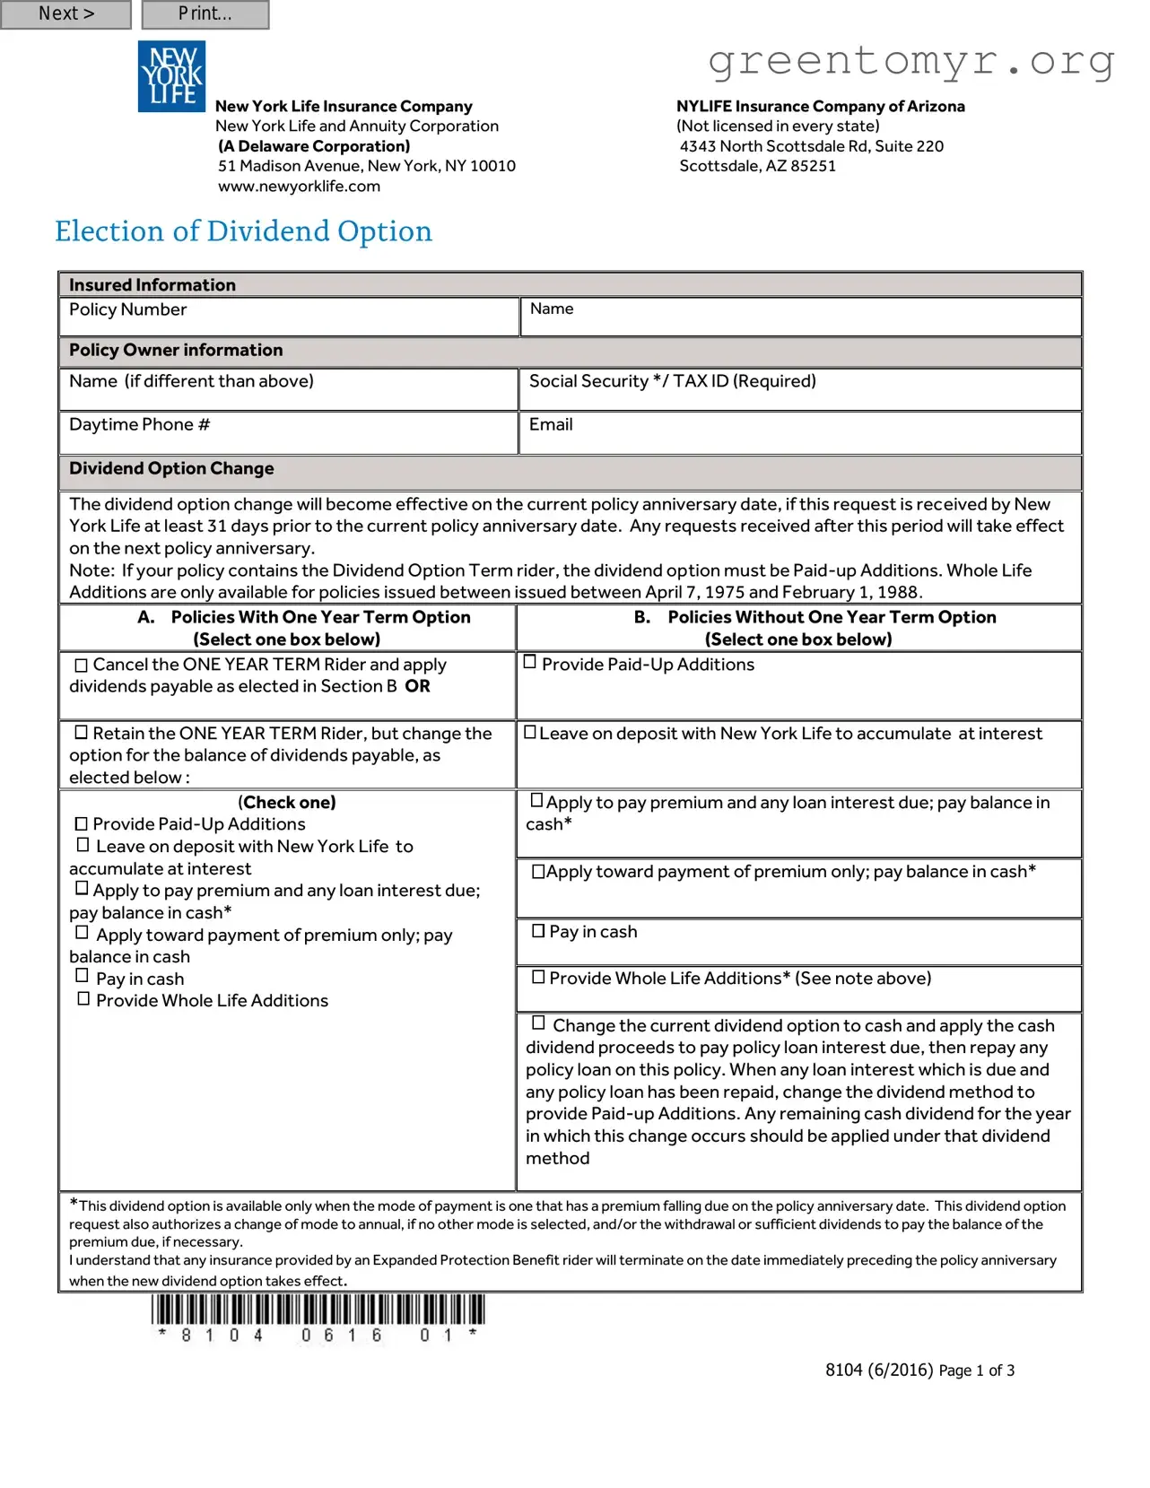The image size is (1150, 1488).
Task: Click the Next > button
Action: coord(65,14)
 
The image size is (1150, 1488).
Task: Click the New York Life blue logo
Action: coord(171,76)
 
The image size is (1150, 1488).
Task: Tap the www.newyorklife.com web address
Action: coord(299,187)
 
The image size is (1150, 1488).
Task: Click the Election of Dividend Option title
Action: coord(243,231)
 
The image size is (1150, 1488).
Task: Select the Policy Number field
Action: coord(289,318)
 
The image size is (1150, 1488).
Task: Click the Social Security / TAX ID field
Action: coord(799,390)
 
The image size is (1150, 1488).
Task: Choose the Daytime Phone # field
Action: coord(289,433)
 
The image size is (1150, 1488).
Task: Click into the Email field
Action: coord(799,433)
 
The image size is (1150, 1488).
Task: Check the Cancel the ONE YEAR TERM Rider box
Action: coord(82,666)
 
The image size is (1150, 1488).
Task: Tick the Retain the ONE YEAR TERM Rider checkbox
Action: coord(82,733)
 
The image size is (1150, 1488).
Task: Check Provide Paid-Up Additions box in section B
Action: coord(530,662)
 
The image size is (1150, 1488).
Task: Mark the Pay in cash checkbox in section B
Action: coord(538,931)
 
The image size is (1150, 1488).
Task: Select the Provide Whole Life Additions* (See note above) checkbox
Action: coord(538,978)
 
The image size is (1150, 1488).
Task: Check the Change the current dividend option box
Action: coord(538,1022)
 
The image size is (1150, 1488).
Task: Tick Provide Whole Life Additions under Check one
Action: coord(83,998)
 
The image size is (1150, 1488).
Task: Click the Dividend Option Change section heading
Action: coord(171,468)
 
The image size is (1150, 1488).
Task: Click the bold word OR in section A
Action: coord(417,686)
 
